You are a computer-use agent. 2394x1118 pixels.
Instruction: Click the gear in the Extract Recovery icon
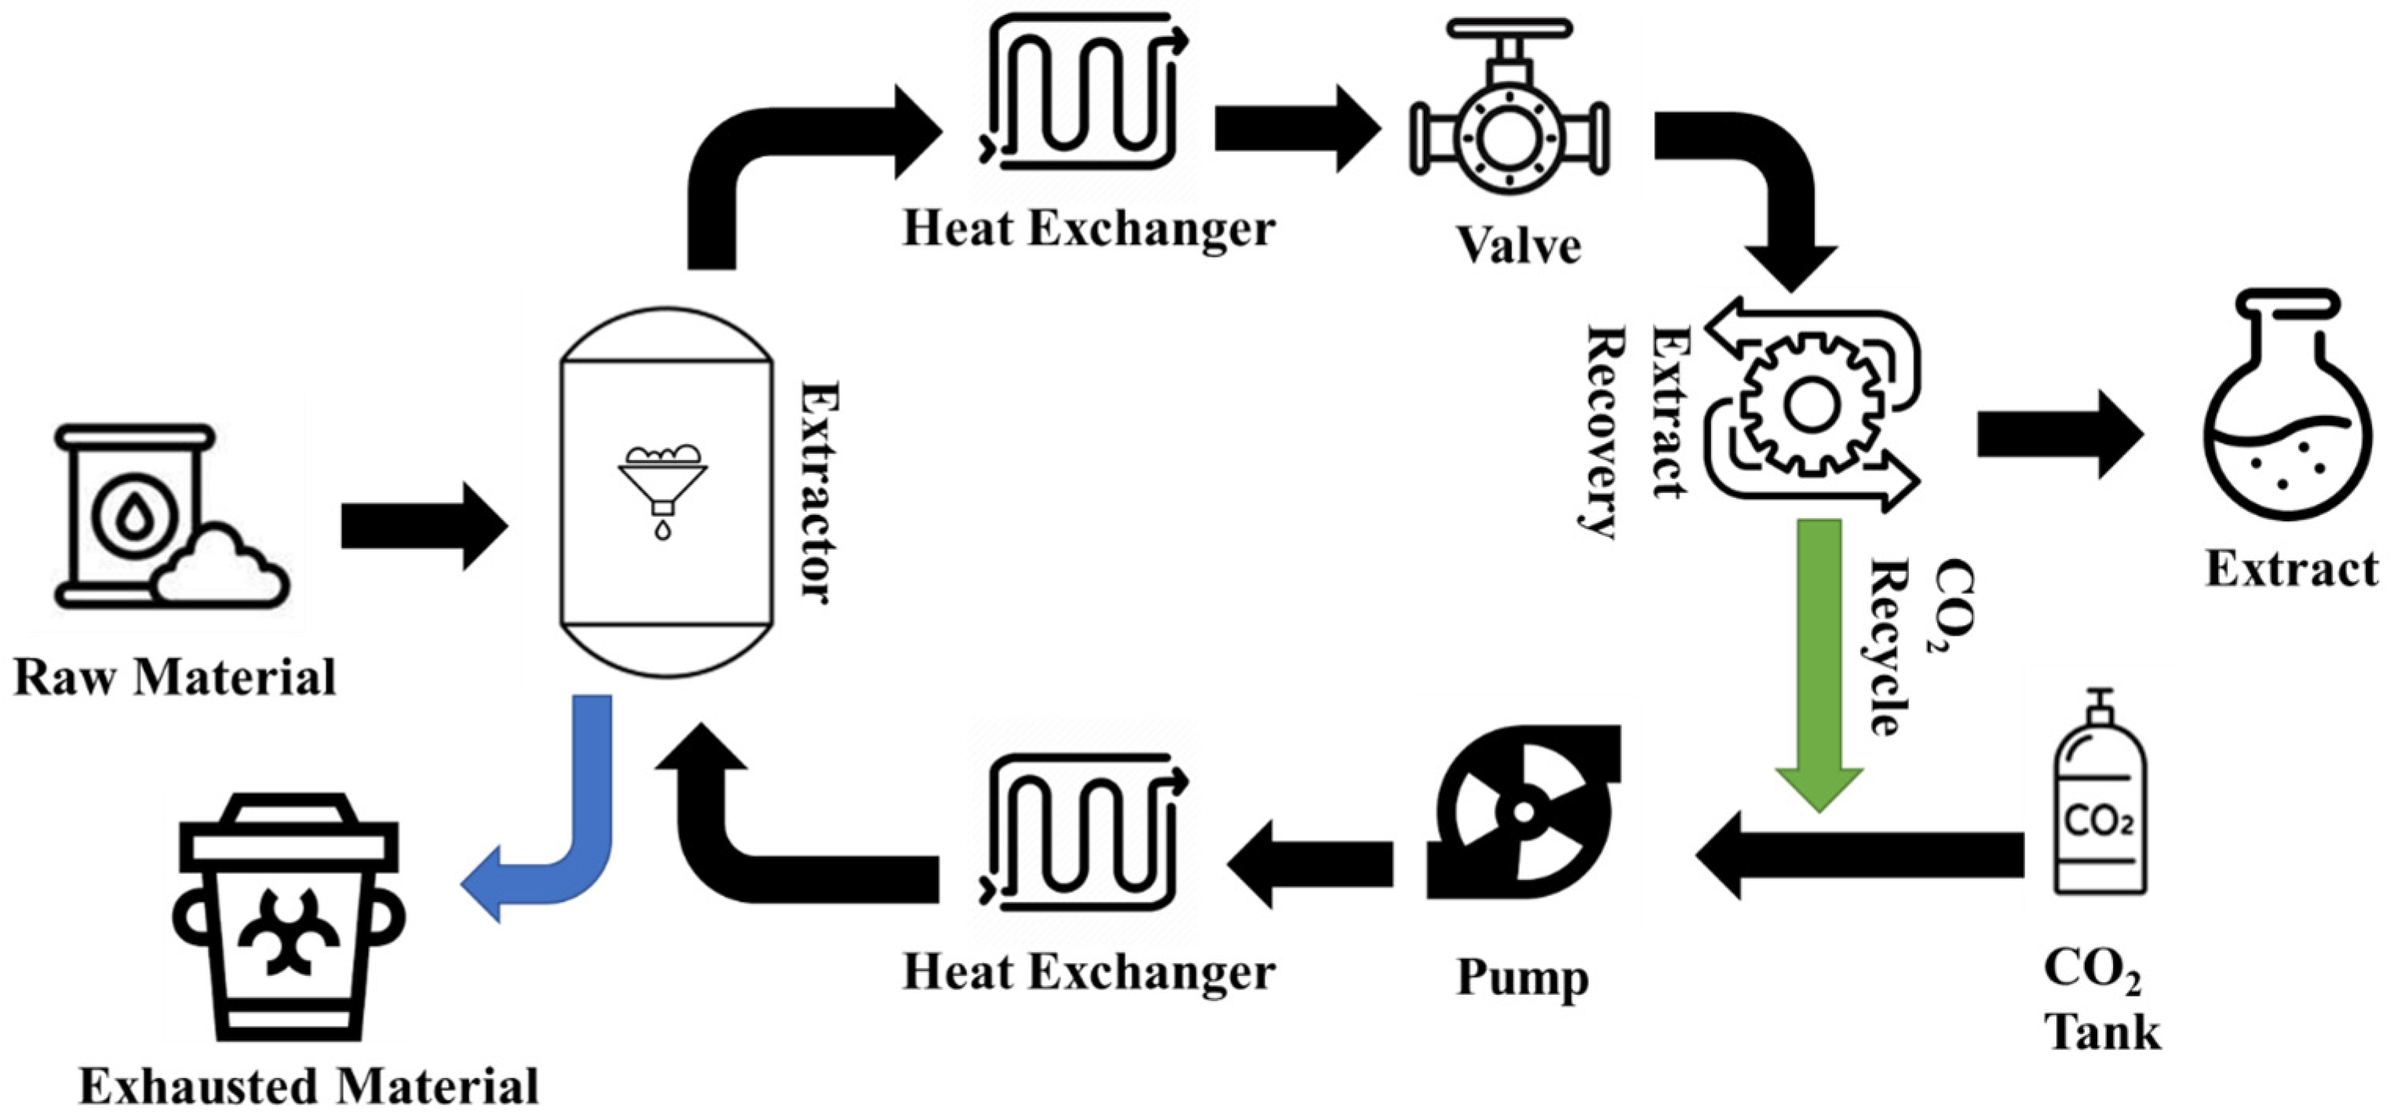coord(1810,406)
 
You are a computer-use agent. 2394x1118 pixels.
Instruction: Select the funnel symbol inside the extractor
coord(662,484)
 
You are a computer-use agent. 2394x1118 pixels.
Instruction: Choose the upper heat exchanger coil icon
coord(1082,93)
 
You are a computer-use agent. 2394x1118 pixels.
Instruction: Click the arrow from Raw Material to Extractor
coord(423,526)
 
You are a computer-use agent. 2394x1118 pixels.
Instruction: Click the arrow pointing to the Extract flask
coord(2059,435)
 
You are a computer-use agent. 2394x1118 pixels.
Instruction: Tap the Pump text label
coord(1522,977)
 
